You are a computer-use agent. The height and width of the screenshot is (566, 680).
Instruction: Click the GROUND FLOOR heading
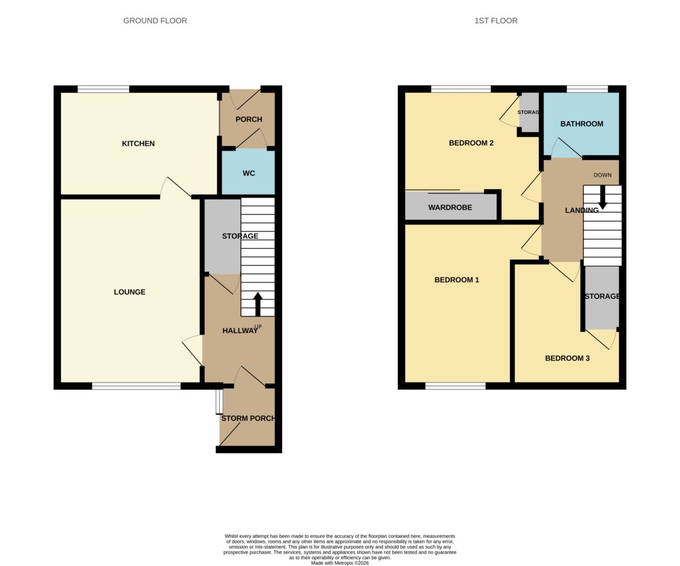coord(155,21)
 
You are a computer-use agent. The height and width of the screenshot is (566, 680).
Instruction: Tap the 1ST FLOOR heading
coord(496,21)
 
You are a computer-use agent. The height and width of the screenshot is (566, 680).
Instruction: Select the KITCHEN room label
coord(138,143)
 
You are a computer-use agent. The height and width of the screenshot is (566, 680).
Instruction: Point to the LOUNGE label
coord(130,292)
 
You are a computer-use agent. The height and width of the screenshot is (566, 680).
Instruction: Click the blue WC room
coord(249,171)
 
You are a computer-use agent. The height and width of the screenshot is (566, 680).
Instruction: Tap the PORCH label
coord(249,119)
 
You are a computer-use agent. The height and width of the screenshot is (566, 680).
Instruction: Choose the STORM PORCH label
coord(248,418)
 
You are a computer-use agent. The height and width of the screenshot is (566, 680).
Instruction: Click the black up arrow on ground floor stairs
coord(258,304)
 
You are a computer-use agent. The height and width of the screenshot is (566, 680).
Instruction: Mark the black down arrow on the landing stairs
coord(603,198)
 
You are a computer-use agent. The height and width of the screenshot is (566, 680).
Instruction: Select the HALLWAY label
coord(240,331)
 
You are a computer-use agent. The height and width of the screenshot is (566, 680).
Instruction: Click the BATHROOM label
coord(581,124)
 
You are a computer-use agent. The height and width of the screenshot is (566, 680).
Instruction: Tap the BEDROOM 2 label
coord(471,143)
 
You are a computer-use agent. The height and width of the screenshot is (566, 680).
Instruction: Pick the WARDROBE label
coord(450,208)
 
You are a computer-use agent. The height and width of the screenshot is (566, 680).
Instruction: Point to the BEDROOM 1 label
coord(457,280)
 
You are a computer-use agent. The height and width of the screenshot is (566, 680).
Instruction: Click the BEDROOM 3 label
coord(567,358)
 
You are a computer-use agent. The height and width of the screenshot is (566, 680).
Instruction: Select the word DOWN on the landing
coord(602,175)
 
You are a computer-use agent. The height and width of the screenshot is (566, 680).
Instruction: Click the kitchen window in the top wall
coord(103,89)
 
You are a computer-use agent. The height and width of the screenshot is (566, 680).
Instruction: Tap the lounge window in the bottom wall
coord(136,386)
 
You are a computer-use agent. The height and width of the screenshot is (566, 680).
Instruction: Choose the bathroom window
coord(587,89)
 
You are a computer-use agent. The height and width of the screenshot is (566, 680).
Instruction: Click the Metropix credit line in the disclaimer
coord(339,563)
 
